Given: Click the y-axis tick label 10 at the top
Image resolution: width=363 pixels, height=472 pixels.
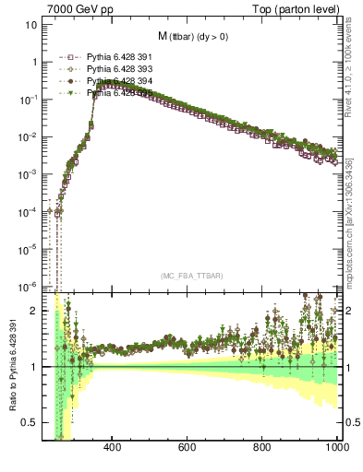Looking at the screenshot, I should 31,25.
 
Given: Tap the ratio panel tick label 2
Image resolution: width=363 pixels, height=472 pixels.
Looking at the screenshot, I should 33,311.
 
